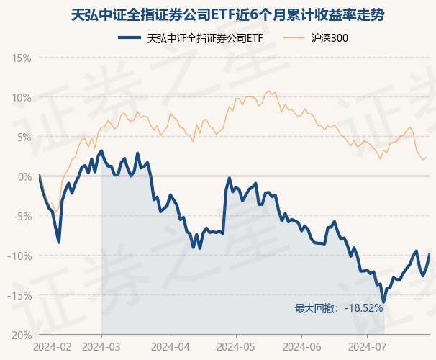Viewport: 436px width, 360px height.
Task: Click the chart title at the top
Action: click(x=217, y=13)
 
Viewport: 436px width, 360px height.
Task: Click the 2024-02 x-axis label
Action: click(x=53, y=346)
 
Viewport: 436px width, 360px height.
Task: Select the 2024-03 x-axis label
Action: click(x=101, y=346)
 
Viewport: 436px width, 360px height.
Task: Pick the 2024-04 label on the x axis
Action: click(x=171, y=346)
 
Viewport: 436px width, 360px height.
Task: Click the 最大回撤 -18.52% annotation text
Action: click(x=338, y=308)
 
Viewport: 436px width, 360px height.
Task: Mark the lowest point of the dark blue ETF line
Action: click(x=383, y=302)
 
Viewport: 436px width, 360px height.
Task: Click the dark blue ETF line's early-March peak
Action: click(x=102, y=151)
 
